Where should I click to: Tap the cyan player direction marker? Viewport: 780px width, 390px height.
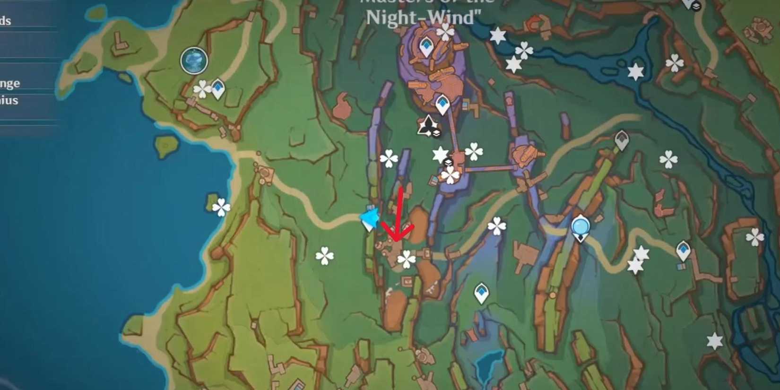click(x=370, y=219)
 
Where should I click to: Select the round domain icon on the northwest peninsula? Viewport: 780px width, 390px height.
click(x=194, y=61)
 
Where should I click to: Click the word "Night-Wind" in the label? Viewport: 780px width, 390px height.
click(x=423, y=18)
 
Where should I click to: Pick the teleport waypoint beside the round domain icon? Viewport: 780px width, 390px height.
click(x=218, y=88)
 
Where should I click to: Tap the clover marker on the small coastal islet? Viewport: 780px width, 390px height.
click(x=221, y=207)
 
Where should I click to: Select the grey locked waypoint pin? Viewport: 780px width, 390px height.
click(x=622, y=140)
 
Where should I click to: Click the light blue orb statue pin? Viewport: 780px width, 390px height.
click(x=581, y=227)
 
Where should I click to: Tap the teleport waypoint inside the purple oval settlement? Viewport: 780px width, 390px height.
click(x=426, y=46)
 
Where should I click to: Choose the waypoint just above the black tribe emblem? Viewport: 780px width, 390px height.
click(x=442, y=104)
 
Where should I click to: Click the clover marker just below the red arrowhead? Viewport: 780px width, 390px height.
click(x=406, y=259)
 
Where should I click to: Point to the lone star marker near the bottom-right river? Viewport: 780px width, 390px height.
click(x=714, y=341)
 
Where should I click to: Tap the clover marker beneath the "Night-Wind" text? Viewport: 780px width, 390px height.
click(x=445, y=32)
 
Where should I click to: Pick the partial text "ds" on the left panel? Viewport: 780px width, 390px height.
click(x=6, y=20)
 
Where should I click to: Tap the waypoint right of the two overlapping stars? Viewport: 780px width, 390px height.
click(x=684, y=250)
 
